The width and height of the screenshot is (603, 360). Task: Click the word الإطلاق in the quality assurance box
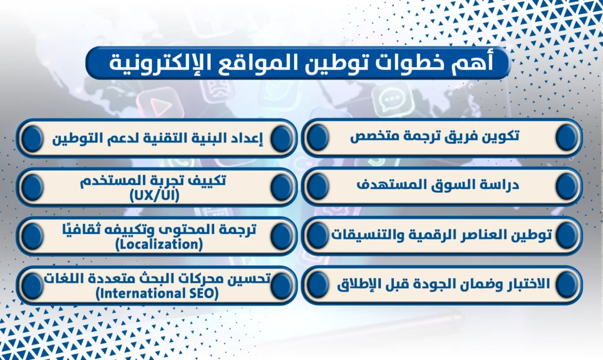[362, 285]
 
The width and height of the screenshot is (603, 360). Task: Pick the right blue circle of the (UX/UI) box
[281, 187]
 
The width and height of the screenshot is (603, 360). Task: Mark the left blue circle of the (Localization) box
[32, 236]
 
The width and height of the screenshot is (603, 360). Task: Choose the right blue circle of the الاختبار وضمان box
[567, 285]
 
